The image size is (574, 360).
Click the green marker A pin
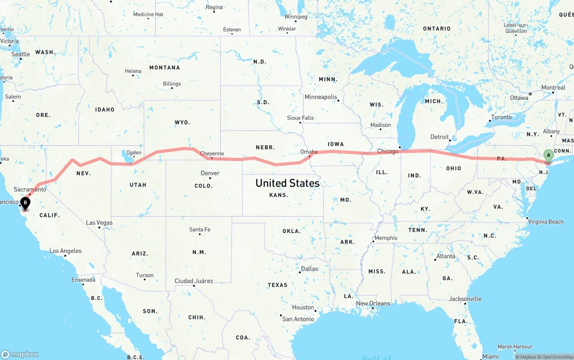point(548,156)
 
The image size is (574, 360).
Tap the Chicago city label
point(387,151)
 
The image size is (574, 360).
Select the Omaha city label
point(309,152)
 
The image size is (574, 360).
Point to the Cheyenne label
point(212,154)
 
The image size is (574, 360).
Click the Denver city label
point(210,173)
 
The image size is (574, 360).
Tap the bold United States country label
point(287,183)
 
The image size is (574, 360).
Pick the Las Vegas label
point(99,223)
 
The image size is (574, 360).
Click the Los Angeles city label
point(65,251)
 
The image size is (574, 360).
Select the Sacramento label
point(30,189)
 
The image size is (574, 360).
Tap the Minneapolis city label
point(321,97)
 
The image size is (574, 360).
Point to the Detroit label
point(439,137)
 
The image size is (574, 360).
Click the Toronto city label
point(501,117)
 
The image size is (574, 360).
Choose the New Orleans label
point(373,304)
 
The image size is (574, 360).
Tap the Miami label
point(491,356)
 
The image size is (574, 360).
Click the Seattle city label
point(21,54)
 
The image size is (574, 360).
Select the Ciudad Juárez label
point(194,281)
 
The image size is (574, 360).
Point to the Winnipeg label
point(296,17)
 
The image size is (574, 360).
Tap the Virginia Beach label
point(545,221)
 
